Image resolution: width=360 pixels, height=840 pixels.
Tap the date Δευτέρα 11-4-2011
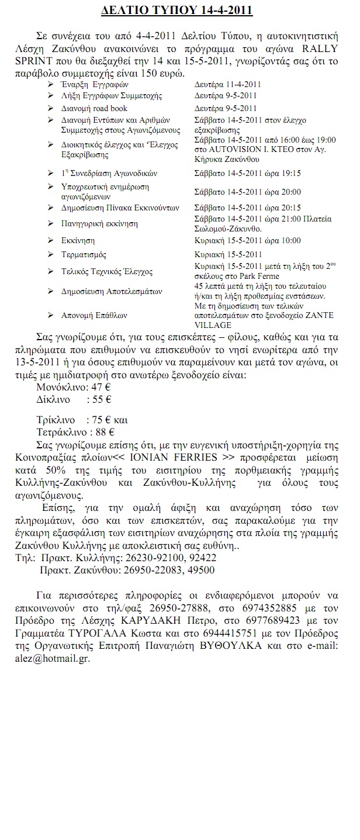[227, 84]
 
